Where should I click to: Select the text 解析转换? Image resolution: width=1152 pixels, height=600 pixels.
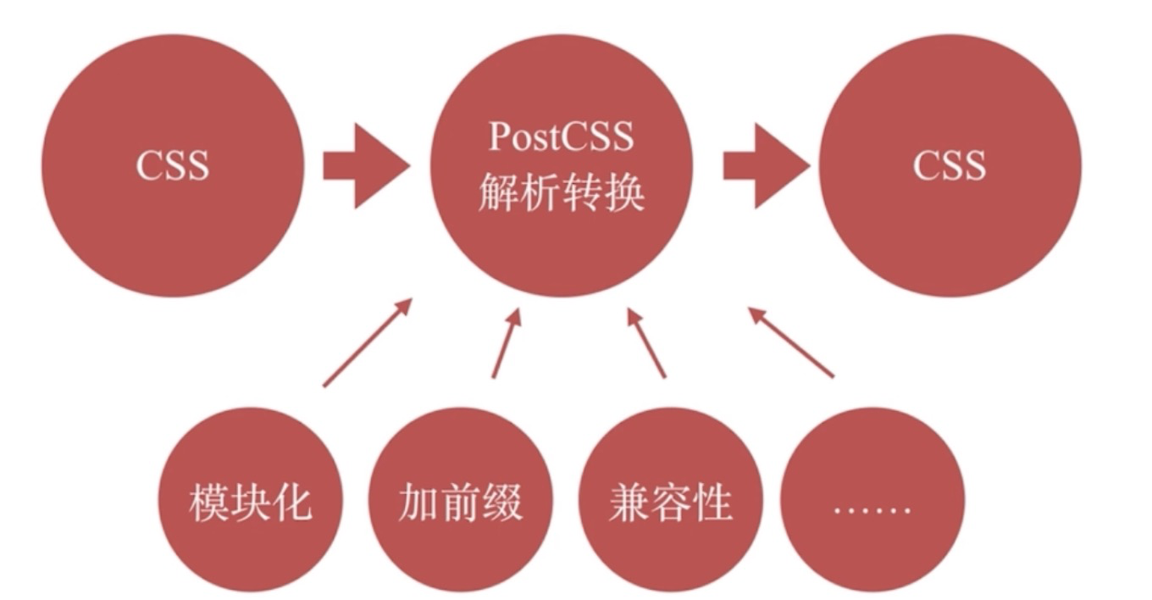click(561, 194)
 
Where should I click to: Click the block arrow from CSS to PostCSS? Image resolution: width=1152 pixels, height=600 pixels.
click(364, 165)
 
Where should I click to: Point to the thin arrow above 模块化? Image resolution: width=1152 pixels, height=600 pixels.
click(367, 342)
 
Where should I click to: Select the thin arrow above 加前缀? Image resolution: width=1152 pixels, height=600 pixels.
click(507, 344)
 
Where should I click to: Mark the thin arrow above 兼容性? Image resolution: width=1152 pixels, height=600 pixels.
click(645, 342)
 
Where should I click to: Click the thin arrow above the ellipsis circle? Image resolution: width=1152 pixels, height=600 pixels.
click(791, 342)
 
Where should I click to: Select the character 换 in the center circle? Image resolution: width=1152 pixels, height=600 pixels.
click(625, 194)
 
